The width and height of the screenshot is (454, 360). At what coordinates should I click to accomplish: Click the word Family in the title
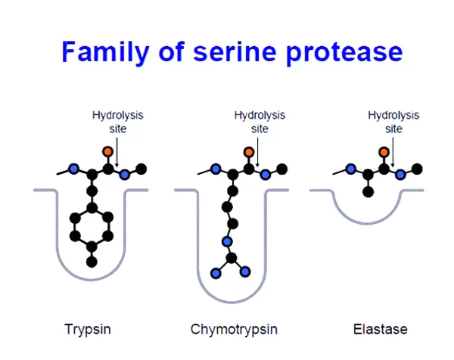pyautogui.click(x=105, y=51)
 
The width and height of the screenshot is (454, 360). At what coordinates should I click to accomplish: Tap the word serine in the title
pyautogui.click(x=235, y=51)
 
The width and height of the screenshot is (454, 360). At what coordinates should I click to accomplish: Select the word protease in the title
pyautogui.click(x=344, y=54)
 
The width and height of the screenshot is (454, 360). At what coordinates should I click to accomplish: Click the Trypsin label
pyautogui.click(x=88, y=329)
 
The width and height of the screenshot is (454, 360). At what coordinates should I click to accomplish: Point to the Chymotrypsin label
pyautogui.click(x=234, y=329)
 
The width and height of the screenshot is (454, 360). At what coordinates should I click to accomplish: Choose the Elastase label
pyautogui.click(x=380, y=329)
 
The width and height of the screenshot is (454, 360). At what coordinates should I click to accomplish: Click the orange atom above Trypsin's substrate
pyautogui.click(x=107, y=151)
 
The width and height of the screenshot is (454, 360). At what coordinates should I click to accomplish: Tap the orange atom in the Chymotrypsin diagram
pyautogui.click(x=249, y=152)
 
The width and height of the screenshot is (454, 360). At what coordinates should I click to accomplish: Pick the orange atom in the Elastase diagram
pyautogui.click(x=384, y=152)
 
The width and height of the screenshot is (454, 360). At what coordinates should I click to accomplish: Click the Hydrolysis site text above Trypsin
pyautogui.click(x=117, y=122)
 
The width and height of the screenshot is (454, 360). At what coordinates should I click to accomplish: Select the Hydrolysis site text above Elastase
pyautogui.click(x=393, y=122)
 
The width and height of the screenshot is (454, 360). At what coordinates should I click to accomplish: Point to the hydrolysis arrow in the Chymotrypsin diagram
pyautogui.click(x=257, y=152)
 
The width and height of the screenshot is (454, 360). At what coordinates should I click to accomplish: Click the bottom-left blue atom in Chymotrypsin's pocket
pyautogui.click(x=216, y=273)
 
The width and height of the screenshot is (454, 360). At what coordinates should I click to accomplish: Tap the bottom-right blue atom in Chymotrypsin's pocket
pyautogui.click(x=245, y=272)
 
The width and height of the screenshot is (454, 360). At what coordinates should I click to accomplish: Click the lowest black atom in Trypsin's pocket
pyautogui.click(x=92, y=262)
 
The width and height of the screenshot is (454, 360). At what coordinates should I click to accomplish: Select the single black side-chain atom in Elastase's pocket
pyautogui.click(x=368, y=191)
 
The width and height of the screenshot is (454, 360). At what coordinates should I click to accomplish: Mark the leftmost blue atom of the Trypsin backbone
pyautogui.click(x=74, y=169)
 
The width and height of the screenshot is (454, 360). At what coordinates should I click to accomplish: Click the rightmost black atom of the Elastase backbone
pyautogui.click(x=417, y=169)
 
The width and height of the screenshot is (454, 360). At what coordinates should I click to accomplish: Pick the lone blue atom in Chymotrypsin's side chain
pyautogui.click(x=227, y=241)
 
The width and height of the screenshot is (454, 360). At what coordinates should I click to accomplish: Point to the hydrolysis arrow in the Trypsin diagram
pyautogui.click(x=117, y=152)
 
